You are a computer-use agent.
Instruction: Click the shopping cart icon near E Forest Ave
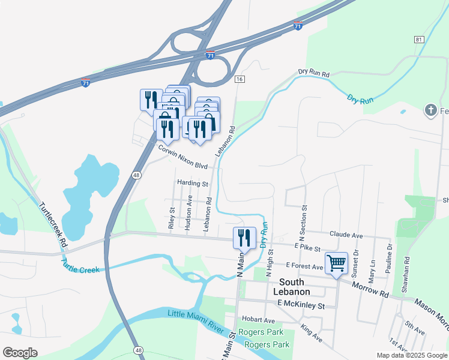pyautogui.click(x=336, y=263)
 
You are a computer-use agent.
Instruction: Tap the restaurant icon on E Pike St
pyautogui.click(x=244, y=237)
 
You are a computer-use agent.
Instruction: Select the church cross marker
pyautogui.click(x=430, y=110)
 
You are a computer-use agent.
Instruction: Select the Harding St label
pyautogui.click(x=192, y=183)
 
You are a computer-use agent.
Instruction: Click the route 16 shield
pyautogui.click(x=240, y=79)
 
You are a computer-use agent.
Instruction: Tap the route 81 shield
pyautogui.click(x=418, y=39)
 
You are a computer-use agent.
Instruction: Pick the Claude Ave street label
pyautogui.click(x=346, y=235)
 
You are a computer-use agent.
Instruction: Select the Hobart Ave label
pyautogui.click(x=258, y=320)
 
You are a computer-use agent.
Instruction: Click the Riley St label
pyautogui.click(x=172, y=218)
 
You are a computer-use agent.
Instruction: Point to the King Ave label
pyautogui.click(x=312, y=334)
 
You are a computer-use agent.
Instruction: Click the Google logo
pyautogui.click(x=20, y=353)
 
